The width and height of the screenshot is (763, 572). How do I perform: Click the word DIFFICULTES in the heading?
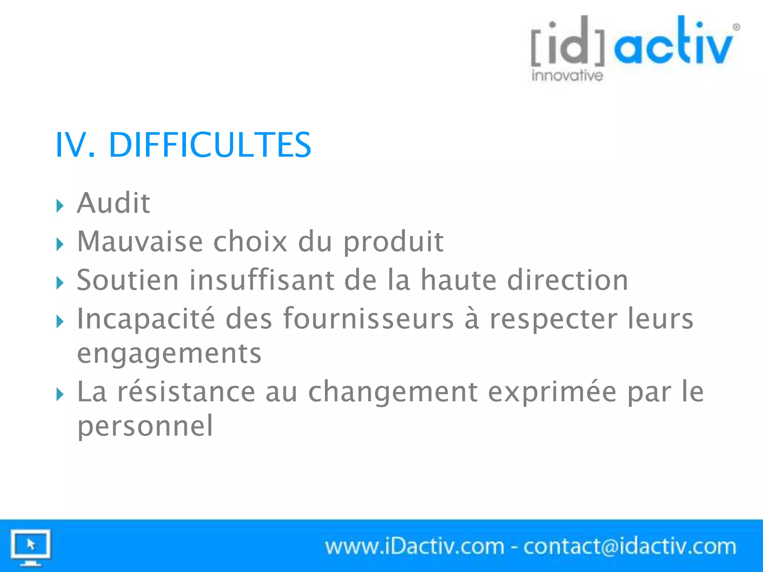(x=209, y=145)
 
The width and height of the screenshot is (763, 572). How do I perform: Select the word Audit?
(x=114, y=203)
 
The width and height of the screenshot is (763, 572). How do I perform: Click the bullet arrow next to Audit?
(x=60, y=206)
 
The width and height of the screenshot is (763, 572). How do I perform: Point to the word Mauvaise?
(x=140, y=242)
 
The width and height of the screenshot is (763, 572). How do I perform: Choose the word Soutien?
(x=128, y=280)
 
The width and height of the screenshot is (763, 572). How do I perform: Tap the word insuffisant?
(x=262, y=280)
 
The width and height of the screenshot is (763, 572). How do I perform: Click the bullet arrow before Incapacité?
(x=60, y=321)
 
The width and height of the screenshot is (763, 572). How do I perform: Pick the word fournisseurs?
(x=368, y=319)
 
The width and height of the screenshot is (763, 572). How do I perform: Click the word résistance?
(x=186, y=392)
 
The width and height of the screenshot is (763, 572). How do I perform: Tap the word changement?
(x=393, y=393)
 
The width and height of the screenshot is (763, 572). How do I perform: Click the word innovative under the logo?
(x=567, y=76)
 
